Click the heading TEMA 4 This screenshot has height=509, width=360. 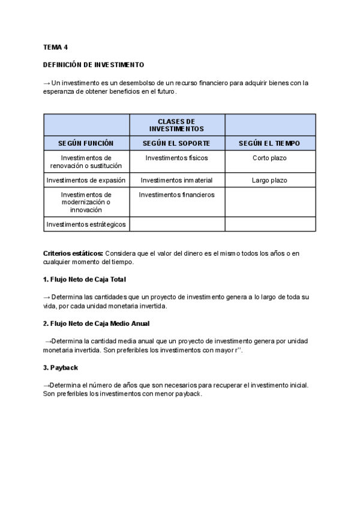click(x=56, y=46)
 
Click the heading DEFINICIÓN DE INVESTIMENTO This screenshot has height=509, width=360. click(x=94, y=64)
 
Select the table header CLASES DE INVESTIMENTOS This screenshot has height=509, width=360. click(x=176, y=125)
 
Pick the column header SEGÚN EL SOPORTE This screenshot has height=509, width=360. click(x=176, y=143)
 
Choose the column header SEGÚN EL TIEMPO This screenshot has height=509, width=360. click(x=269, y=143)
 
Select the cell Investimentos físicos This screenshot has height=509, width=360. click(x=176, y=158)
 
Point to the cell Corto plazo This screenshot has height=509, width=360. click(x=269, y=158)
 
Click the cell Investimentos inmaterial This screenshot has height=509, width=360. click(x=176, y=180)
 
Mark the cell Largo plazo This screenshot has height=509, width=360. click(x=269, y=180)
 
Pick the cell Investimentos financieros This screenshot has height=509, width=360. click(x=176, y=194)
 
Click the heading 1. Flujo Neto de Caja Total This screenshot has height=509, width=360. click(x=84, y=280)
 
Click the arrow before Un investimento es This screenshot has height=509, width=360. click(x=47, y=83)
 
